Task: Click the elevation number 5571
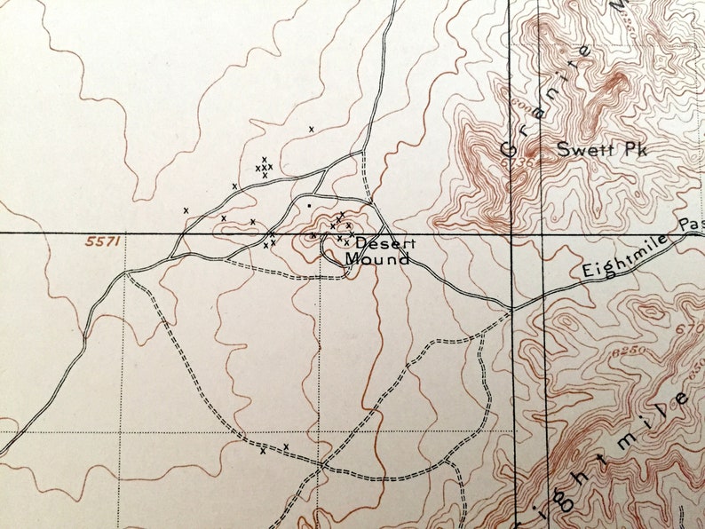pos(103,241)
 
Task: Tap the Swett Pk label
pos(603,150)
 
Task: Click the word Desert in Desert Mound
pos(381,243)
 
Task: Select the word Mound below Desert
pos(377,259)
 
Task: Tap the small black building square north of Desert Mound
pos(308,206)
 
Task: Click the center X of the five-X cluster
pos(265,167)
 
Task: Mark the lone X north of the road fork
pos(312,130)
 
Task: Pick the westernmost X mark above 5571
pos(186,210)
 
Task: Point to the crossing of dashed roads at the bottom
pos(321,463)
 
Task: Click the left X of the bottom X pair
pos(264,451)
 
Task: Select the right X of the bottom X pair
pos(286,446)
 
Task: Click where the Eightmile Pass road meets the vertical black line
pos(512,309)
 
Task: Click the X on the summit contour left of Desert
pos(313,236)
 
